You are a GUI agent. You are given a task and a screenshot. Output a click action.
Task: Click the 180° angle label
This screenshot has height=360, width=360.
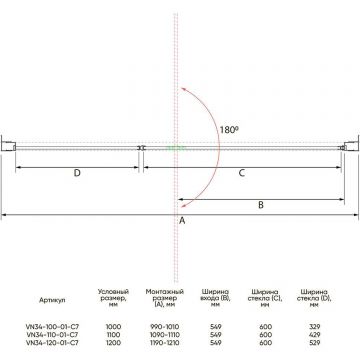point(230,130)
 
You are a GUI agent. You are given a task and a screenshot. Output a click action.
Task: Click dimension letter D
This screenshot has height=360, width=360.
point(77,173)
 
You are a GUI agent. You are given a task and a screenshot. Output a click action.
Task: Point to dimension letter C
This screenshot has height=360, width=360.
point(242,173)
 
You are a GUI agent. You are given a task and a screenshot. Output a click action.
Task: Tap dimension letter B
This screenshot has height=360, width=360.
point(261,205)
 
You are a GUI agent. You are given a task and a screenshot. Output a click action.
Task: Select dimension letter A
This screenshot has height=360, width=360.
point(182,220)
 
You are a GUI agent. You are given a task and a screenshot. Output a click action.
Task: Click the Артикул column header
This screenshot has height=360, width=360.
point(52,300)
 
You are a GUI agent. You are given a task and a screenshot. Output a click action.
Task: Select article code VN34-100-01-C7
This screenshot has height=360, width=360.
point(52,326)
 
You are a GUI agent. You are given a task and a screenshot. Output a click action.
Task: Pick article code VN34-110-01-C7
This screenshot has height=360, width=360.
point(52,334)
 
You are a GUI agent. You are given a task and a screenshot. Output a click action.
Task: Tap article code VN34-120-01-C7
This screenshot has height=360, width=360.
point(52,342)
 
